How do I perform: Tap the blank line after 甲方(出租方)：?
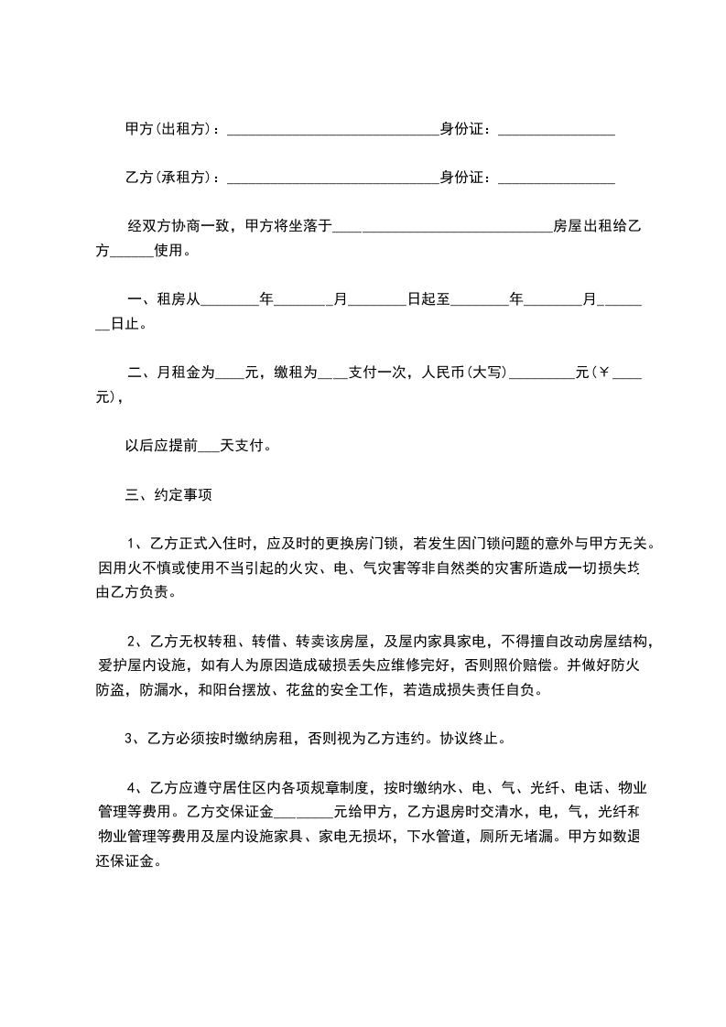click(332, 133)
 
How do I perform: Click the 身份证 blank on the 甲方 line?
click(556, 133)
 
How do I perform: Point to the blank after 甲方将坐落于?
click(442, 227)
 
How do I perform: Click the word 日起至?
click(428, 298)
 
